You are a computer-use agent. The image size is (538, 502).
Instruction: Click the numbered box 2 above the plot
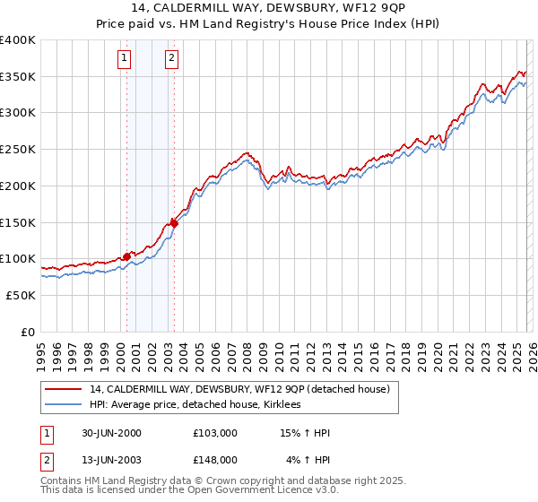pyautogui.click(x=171, y=59)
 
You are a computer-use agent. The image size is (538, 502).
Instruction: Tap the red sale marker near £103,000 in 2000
pyautogui.click(x=126, y=256)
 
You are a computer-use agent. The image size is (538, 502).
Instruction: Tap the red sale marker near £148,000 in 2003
pyautogui.click(x=174, y=224)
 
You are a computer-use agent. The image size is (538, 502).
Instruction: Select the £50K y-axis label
pyautogui.click(x=21, y=295)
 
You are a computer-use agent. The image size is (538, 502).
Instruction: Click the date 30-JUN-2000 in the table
pyautogui.click(x=112, y=434)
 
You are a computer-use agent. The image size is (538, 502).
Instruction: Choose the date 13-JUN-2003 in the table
pyautogui.click(x=112, y=460)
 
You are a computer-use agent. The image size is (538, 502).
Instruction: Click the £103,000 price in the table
pyautogui.click(x=215, y=434)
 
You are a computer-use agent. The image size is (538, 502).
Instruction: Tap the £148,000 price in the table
pyautogui.click(x=215, y=460)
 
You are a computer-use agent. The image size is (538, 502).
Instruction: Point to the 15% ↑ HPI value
pyautogui.click(x=306, y=434)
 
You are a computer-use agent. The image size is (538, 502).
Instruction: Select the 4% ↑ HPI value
pyautogui.click(x=308, y=460)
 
